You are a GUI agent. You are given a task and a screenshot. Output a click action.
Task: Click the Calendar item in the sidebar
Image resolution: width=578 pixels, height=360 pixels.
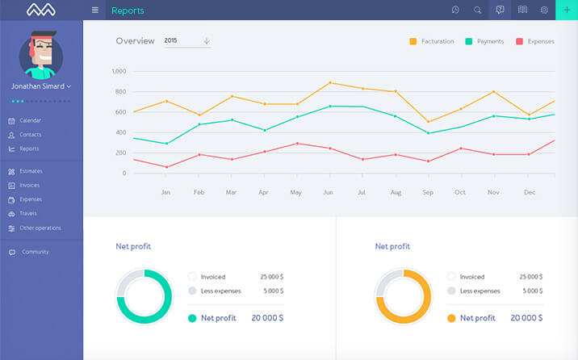pyautogui.click(x=30, y=120)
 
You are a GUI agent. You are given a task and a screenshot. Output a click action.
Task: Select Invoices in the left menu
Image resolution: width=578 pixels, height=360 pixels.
pyautogui.click(x=30, y=185)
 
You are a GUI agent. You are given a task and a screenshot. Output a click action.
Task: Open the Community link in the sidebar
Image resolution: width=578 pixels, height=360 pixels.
pyautogui.click(x=35, y=252)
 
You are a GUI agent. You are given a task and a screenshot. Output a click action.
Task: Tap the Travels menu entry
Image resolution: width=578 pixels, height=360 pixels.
pyautogui.click(x=28, y=213)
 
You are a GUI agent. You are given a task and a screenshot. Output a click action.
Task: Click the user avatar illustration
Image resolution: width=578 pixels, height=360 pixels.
pyautogui.click(x=41, y=54)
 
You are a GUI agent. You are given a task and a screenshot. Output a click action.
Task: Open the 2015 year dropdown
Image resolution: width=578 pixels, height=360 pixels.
pyautogui.click(x=186, y=40)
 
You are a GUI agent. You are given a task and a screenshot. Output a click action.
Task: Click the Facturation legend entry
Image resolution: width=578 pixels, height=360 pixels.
pyautogui.click(x=432, y=41)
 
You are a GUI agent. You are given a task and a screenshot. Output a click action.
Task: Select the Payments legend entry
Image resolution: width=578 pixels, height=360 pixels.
pyautogui.click(x=484, y=41)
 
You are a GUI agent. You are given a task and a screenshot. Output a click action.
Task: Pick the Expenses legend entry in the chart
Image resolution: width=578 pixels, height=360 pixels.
pyautogui.click(x=535, y=41)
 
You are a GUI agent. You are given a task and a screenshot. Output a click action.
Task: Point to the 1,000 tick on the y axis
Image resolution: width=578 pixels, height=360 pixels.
pyautogui.click(x=119, y=72)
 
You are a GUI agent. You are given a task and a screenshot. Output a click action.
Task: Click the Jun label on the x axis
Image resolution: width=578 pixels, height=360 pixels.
pyautogui.click(x=327, y=192)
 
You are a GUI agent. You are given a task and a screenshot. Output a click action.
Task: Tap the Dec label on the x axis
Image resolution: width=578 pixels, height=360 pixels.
pyautogui.click(x=530, y=192)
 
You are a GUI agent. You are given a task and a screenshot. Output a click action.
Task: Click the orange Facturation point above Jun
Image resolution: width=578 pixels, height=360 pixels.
pyautogui.click(x=330, y=82)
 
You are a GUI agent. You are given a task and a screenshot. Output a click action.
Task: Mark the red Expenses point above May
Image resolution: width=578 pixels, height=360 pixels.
pyautogui.click(x=297, y=144)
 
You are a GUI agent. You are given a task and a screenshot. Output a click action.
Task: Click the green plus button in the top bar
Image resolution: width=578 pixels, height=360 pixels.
pyautogui.click(x=567, y=10)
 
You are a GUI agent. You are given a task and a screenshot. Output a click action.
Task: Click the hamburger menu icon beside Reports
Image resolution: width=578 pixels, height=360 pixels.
pyautogui.click(x=95, y=10)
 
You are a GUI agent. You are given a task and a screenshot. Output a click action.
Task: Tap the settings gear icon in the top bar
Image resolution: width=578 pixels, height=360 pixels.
pyautogui.click(x=544, y=10)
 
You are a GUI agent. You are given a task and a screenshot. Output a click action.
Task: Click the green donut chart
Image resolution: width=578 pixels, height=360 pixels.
pyautogui.click(x=144, y=296)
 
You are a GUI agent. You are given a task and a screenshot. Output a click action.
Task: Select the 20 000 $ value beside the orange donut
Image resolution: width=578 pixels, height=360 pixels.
pyautogui.click(x=526, y=318)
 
